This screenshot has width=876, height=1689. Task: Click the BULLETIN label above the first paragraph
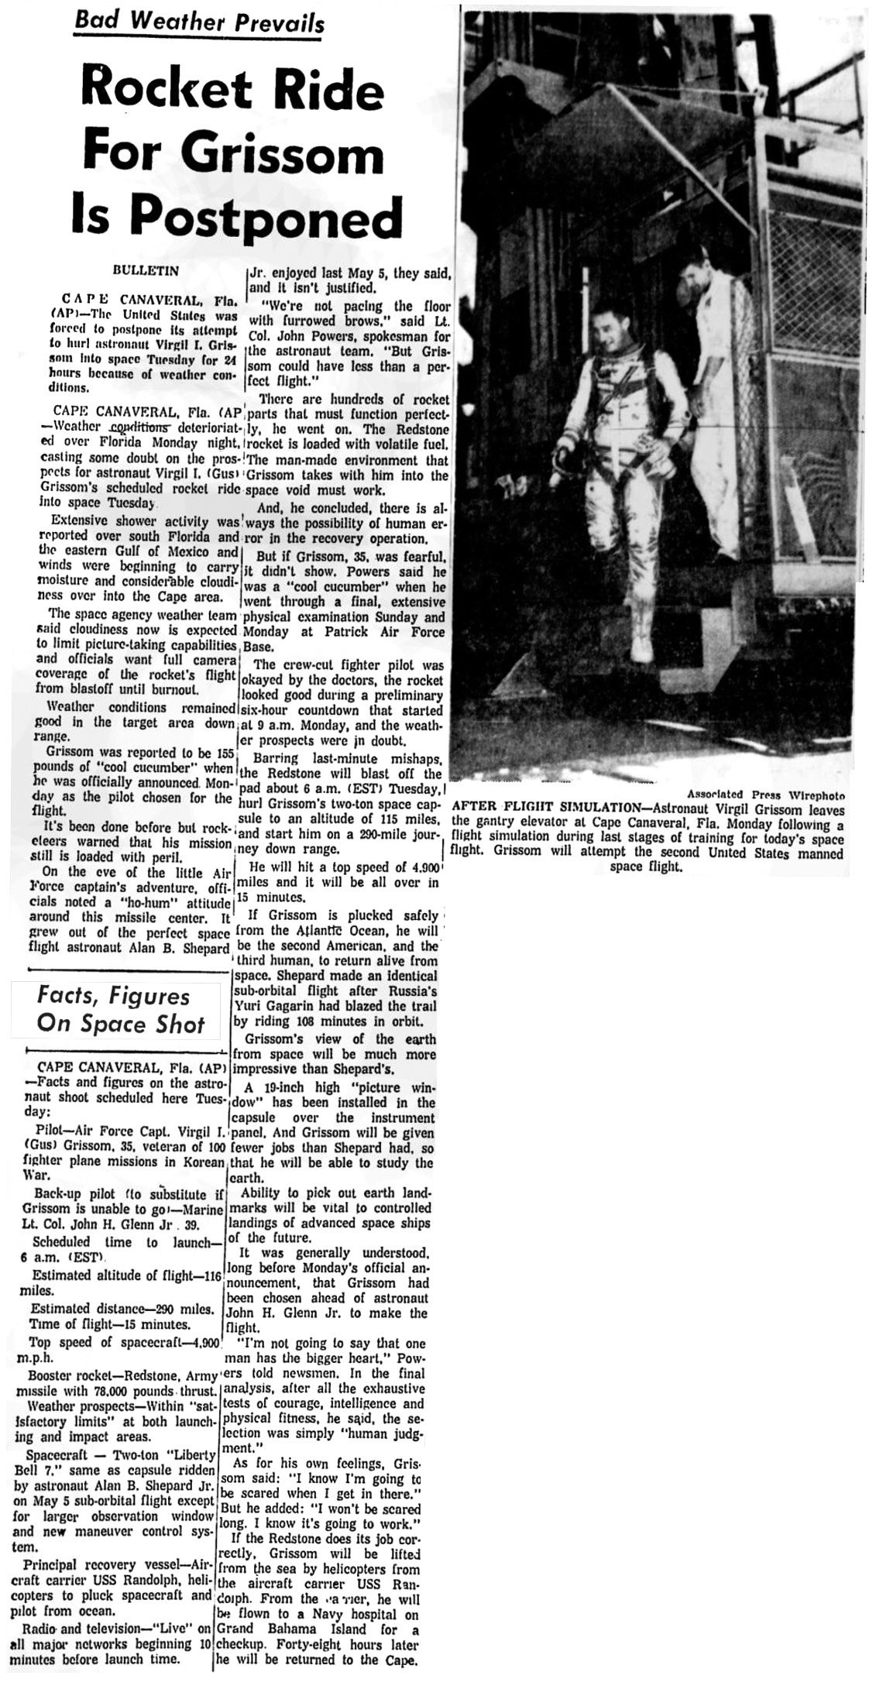[x=146, y=270]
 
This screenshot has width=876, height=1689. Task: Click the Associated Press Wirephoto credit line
[x=765, y=794]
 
